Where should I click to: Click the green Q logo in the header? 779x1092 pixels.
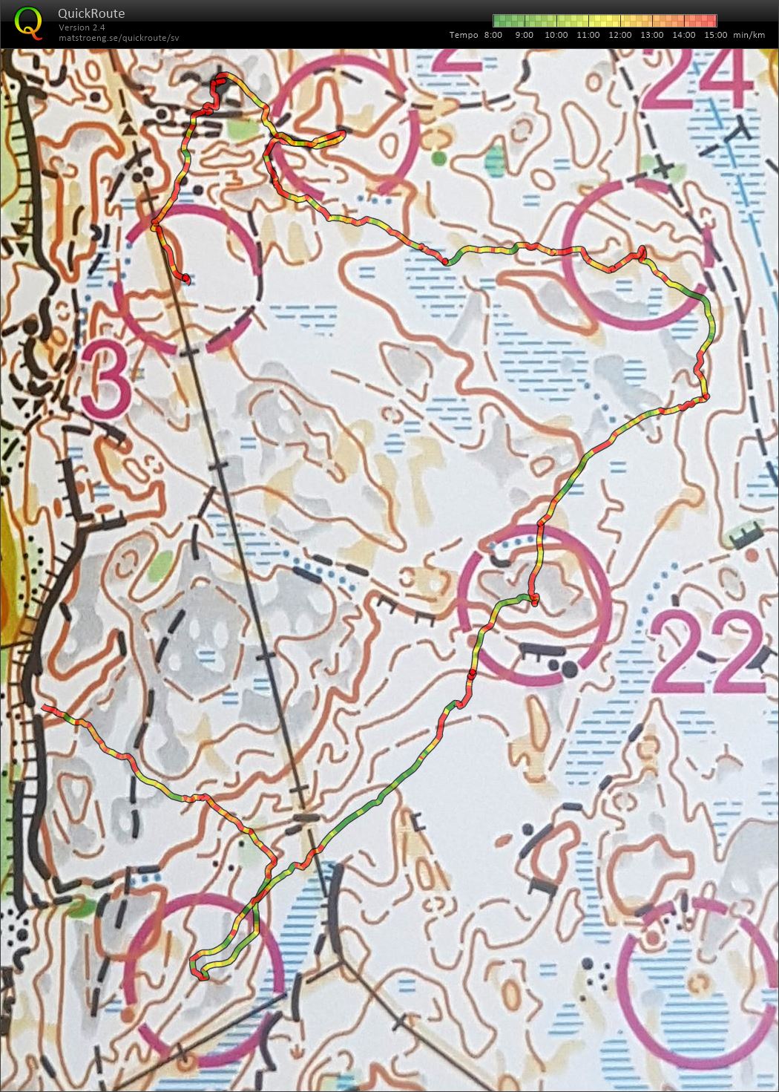click(x=28, y=22)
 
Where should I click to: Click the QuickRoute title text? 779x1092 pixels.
click(x=91, y=13)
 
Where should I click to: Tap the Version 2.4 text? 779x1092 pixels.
click(x=82, y=27)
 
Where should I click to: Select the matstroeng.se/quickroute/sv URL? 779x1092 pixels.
click(x=119, y=37)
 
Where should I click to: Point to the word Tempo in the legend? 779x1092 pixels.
click(x=464, y=35)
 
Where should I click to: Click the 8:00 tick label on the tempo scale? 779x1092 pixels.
click(x=493, y=35)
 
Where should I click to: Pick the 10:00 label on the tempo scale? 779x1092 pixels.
click(x=556, y=35)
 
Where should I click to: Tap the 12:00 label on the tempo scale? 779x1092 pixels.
click(x=620, y=35)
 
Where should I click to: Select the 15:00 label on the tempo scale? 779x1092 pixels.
click(x=715, y=35)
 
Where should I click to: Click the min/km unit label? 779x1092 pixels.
click(x=749, y=35)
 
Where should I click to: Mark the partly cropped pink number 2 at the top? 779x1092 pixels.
click(x=456, y=59)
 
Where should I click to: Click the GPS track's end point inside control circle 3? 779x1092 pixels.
click(x=186, y=279)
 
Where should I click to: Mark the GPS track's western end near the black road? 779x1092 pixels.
click(x=45, y=708)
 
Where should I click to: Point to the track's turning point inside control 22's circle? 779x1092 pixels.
click(x=534, y=600)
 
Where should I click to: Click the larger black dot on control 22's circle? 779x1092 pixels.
click(x=569, y=669)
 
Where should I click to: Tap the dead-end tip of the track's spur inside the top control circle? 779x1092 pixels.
click(x=344, y=134)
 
